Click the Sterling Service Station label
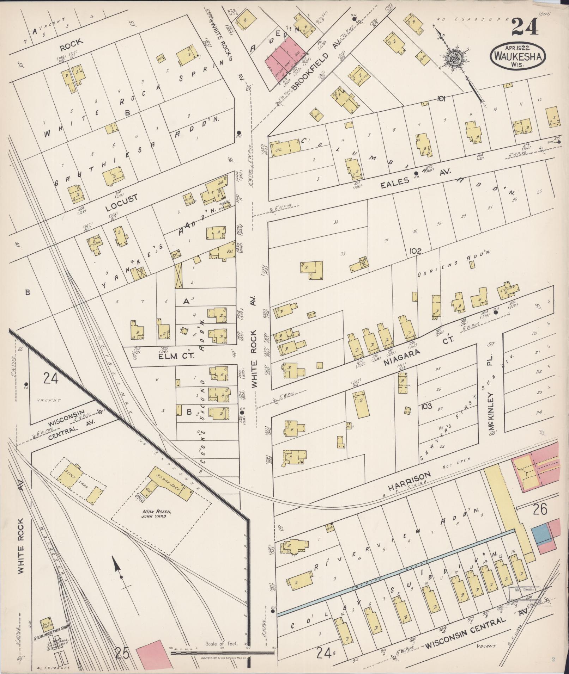pyautogui.click(x=51, y=627)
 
